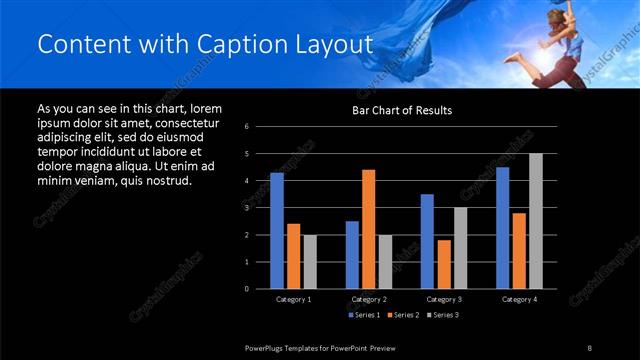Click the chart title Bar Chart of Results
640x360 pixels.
(x=400, y=110)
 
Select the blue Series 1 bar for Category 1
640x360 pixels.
(x=277, y=231)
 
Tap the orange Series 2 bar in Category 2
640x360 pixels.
(x=368, y=229)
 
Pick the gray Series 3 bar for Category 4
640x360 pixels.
(x=536, y=221)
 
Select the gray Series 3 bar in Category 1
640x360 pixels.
(x=310, y=262)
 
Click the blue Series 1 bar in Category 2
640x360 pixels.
(x=352, y=255)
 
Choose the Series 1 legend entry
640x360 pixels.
(x=363, y=315)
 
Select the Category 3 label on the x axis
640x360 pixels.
(x=443, y=299)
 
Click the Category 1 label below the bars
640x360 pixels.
(x=293, y=299)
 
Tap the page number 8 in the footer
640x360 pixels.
(x=589, y=347)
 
